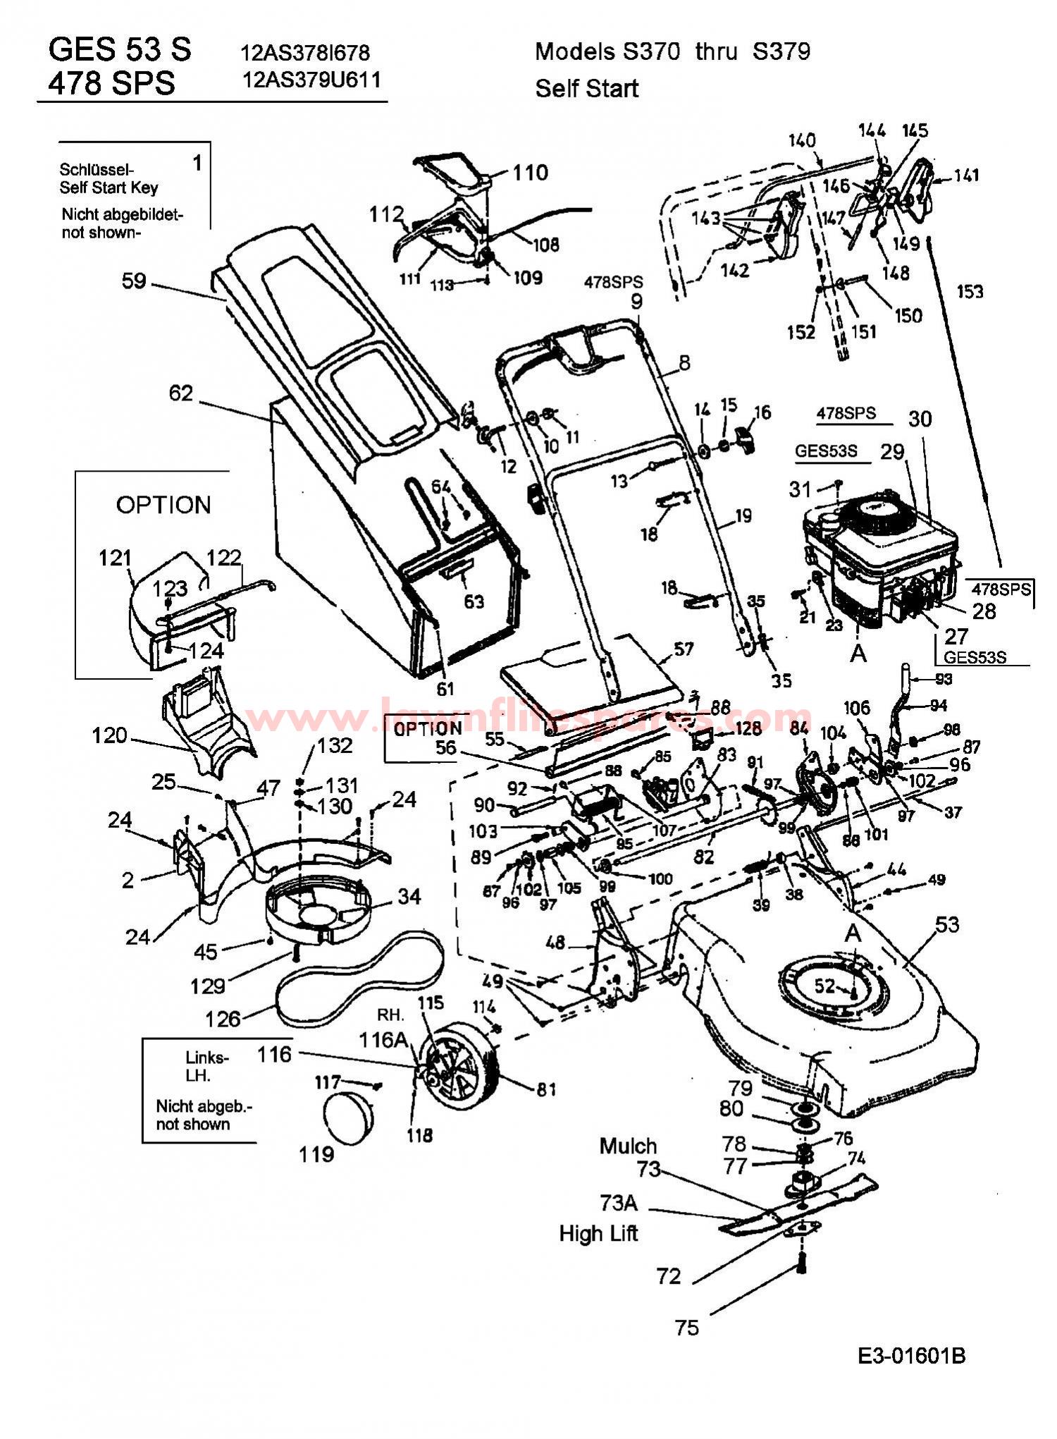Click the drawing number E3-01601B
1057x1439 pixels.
tap(911, 1355)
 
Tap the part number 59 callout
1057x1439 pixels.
tap(133, 281)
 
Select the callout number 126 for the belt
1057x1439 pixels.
tap(223, 1018)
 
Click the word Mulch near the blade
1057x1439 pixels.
tap(628, 1146)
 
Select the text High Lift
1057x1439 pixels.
tap(598, 1233)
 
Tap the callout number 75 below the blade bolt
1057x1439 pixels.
tap(686, 1328)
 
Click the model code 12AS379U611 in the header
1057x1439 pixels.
tap(311, 80)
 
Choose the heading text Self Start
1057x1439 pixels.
tap(586, 89)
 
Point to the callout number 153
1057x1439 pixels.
tap(970, 291)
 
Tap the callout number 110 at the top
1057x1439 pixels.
tap(530, 172)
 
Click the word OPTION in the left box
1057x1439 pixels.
tap(163, 505)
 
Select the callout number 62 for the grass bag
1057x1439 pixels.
tap(181, 392)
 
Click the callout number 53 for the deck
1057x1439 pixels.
tap(947, 924)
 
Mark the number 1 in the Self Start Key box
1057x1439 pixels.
tap(197, 163)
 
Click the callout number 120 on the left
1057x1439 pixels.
tap(109, 735)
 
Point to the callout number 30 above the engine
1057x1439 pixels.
tap(920, 419)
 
